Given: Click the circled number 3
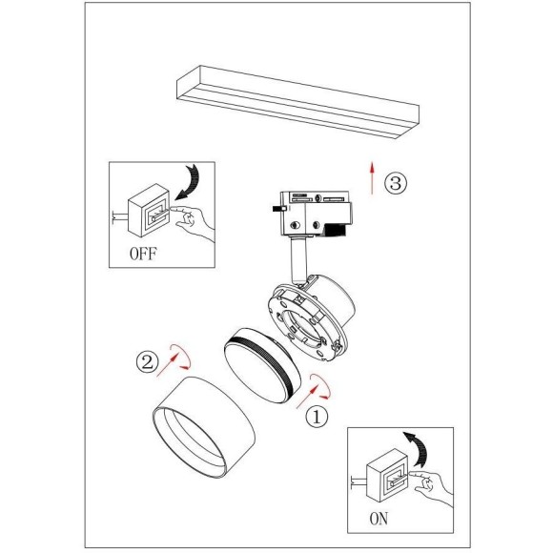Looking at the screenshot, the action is [x=396, y=183].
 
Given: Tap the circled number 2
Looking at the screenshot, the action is [x=148, y=361].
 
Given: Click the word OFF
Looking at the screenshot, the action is [x=143, y=254].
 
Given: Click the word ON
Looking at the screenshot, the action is [x=379, y=519].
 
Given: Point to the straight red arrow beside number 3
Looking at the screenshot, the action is [x=372, y=177].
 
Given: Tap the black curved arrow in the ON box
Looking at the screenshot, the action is [x=418, y=448].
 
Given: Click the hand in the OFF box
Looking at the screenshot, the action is [x=193, y=221].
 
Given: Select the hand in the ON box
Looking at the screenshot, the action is [x=432, y=486].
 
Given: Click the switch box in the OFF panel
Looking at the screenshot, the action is [x=149, y=211].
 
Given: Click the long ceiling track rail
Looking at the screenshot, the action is [x=298, y=102].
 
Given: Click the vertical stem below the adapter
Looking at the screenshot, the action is [x=299, y=259].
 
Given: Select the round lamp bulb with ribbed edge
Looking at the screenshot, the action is [x=263, y=365].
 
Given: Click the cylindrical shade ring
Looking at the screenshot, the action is [x=204, y=428].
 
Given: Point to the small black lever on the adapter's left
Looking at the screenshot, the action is [x=278, y=209].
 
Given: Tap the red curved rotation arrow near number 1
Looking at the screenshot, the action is [x=321, y=386].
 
